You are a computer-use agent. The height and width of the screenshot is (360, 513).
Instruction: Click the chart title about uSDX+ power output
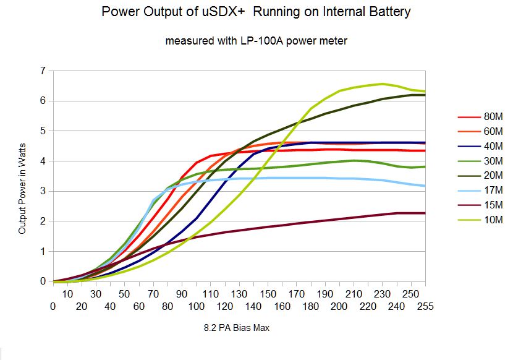point(256,12)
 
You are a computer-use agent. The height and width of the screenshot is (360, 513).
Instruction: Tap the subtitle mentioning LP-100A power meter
point(256,41)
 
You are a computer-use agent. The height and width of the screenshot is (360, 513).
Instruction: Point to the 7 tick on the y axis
point(43,71)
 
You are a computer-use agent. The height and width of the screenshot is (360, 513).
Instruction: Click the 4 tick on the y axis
point(43,161)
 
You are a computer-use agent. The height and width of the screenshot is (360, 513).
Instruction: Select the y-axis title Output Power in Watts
point(22,194)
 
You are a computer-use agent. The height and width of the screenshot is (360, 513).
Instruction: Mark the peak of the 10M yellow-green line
point(383,84)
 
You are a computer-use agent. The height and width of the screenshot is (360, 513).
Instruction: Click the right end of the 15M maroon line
point(425,213)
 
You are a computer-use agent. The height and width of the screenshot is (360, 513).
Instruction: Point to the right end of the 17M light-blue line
point(425,186)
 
